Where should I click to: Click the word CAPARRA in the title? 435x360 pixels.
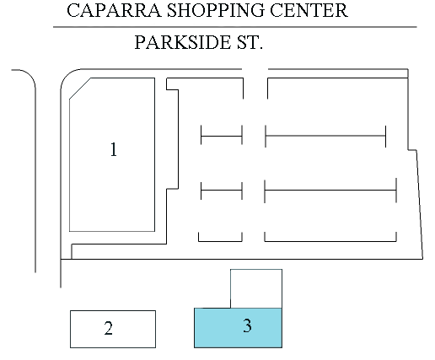tap(114, 10)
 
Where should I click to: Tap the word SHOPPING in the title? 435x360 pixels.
tap(216, 10)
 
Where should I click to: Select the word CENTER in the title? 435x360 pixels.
tap(309, 10)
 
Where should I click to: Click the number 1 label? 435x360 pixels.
tap(114, 149)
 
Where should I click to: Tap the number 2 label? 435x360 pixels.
tap(109, 328)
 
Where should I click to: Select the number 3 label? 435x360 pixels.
tap(247, 325)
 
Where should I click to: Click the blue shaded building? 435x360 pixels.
tap(238, 328)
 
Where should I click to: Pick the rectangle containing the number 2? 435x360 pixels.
tap(113, 329)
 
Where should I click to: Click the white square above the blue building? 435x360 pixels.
tap(256, 288)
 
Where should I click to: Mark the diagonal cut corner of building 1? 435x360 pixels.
tap(80, 89)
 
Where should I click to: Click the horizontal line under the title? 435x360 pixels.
tap(235, 27)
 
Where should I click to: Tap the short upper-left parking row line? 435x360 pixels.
tap(222, 136)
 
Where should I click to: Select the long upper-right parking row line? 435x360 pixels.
tap(325, 136)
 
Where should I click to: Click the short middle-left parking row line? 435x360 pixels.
tap(222, 191)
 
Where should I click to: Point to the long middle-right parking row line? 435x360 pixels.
tap(330, 191)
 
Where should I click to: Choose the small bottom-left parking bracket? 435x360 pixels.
tap(220, 241)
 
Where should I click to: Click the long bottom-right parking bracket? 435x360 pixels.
tap(330, 241)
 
